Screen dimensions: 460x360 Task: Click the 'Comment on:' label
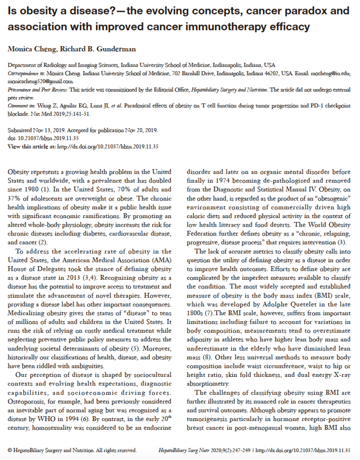point(22,106)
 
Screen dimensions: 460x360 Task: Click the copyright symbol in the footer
point(10,450)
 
